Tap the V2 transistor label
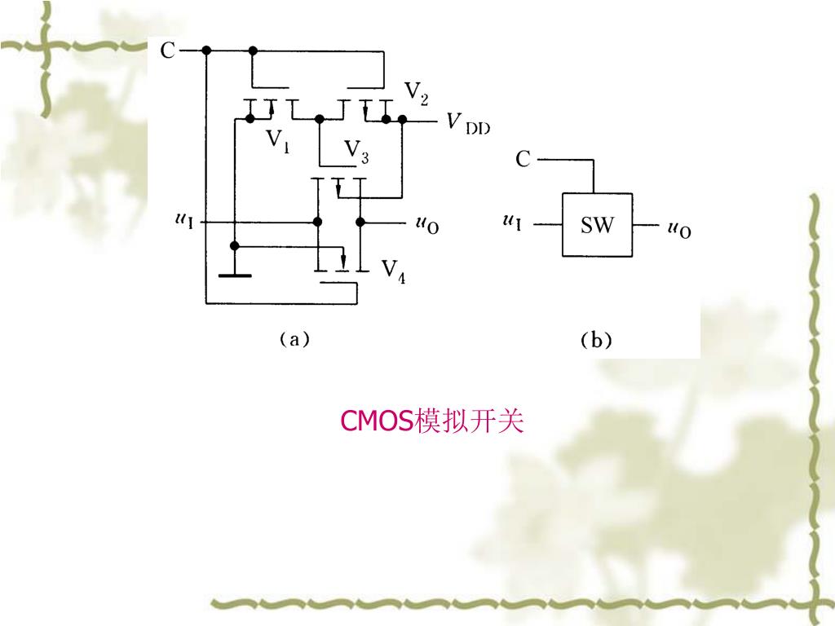(x=416, y=95)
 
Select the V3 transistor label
(x=356, y=152)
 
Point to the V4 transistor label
(x=394, y=270)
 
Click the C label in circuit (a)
(x=167, y=51)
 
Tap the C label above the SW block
(x=523, y=160)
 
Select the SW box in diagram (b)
(x=597, y=225)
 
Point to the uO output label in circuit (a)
(x=427, y=223)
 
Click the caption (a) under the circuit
(x=294, y=339)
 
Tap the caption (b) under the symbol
(x=596, y=341)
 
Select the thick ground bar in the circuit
(x=235, y=276)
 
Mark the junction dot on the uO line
(x=360, y=222)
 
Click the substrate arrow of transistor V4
(x=343, y=259)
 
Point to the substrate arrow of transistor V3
(x=338, y=188)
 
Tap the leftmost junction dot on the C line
(x=206, y=51)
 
